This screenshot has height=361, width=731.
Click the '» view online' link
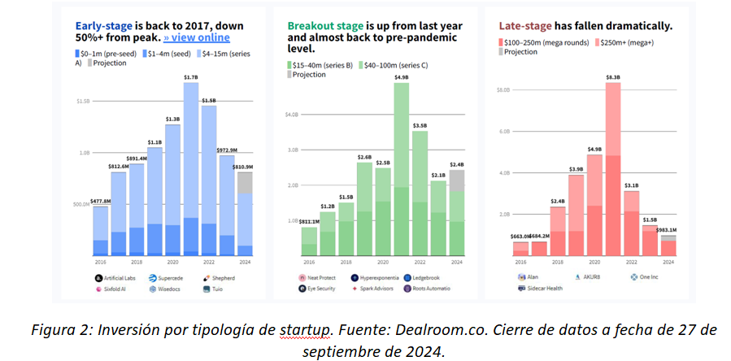click(x=197, y=37)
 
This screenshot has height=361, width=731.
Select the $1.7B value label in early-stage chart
click(x=190, y=77)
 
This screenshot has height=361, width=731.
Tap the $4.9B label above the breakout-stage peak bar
click(x=401, y=77)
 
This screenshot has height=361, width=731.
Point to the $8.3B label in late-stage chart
click(x=613, y=77)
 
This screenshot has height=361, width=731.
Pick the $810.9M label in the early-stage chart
click(x=244, y=167)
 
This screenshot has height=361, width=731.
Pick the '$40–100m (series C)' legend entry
click(x=398, y=63)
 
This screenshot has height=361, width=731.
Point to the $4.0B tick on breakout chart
click(x=292, y=115)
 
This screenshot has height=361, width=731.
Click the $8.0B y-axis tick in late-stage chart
click(x=503, y=89)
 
